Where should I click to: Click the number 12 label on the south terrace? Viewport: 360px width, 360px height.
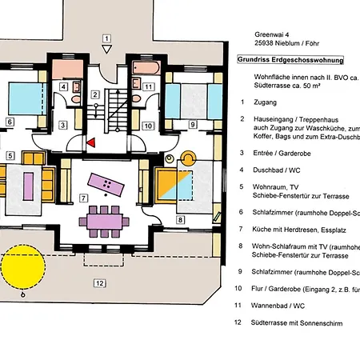pyautogui.click(x=98, y=282)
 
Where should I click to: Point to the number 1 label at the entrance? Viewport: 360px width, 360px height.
pyautogui.click(x=106, y=38)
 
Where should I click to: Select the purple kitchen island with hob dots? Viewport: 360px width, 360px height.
pyautogui.click(x=106, y=185)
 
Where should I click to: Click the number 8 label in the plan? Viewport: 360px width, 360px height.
pyautogui.click(x=180, y=219)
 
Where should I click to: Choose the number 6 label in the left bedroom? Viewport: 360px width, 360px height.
pyautogui.click(x=9, y=122)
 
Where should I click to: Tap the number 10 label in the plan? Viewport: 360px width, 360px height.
pyautogui.click(x=148, y=124)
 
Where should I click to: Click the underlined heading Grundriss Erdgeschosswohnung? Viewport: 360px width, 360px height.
pyautogui.click(x=290, y=59)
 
